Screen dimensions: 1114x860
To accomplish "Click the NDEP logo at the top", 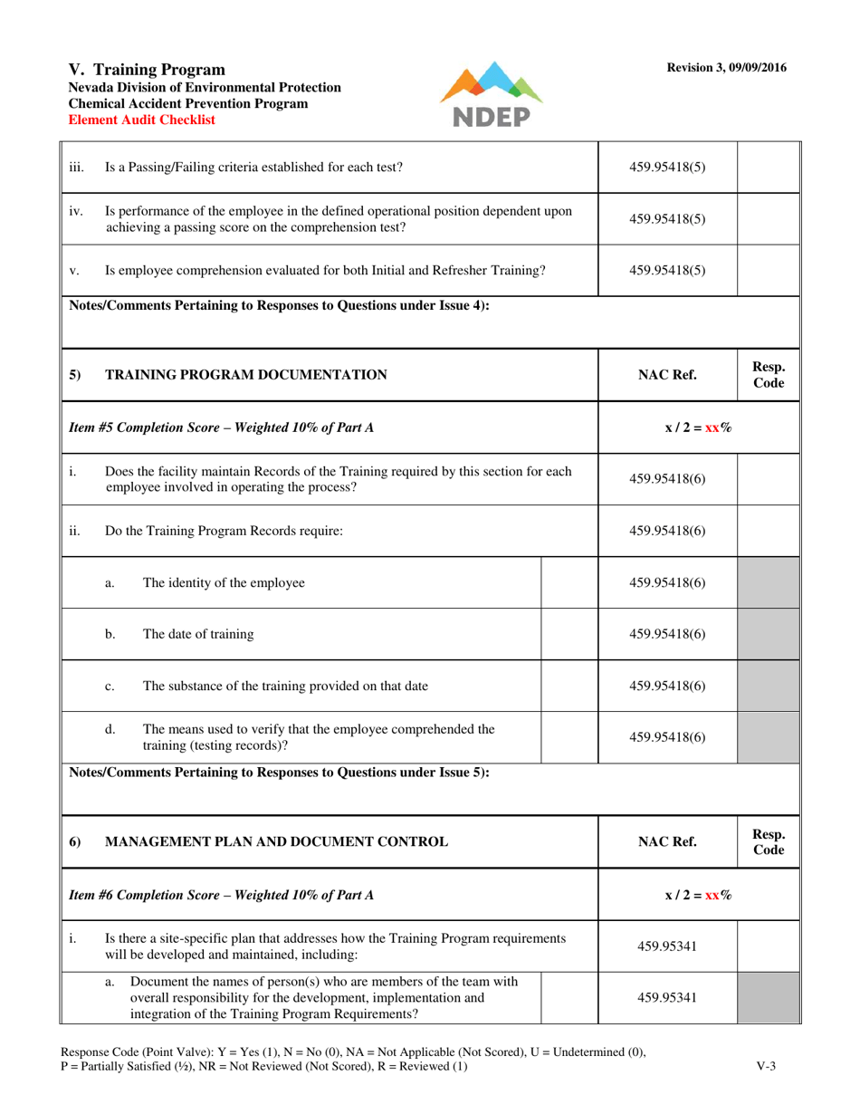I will click(491, 96).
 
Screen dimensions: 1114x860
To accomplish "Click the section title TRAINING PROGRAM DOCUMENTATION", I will click(247, 374).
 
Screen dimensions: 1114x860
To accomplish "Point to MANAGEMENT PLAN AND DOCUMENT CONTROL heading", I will click(276, 841).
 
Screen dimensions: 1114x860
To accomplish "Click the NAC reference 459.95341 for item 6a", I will click(667, 997).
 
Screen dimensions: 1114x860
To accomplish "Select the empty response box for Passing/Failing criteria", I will click(769, 167).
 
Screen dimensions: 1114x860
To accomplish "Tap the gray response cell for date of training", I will click(769, 634).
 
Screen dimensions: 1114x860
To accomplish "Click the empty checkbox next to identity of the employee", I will click(569, 583).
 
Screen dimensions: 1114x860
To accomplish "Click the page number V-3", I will click(765, 1066).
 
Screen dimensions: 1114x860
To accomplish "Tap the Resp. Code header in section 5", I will click(769, 374).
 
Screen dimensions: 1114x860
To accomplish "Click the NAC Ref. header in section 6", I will click(667, 841).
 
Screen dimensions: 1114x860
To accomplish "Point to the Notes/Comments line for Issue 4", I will click(280, 306).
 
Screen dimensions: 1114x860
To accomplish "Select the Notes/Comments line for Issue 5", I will click(280, 773).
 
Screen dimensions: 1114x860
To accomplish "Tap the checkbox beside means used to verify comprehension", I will click(569, 737).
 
